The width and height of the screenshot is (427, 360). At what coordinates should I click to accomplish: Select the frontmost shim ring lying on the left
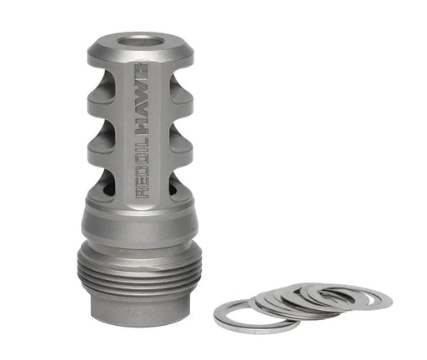tap(243, 316)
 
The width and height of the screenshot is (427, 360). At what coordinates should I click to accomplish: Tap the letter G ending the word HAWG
tap(138, 67)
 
